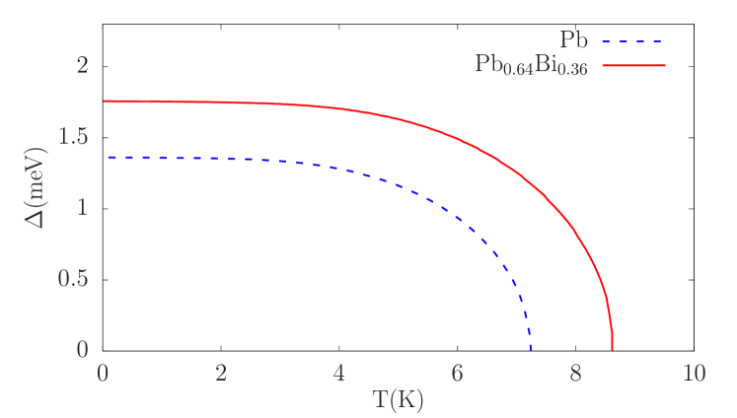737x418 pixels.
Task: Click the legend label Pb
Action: pos(573,41)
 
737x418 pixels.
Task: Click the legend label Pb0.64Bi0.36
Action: pos(532,67)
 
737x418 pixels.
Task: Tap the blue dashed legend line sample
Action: pos(631,42)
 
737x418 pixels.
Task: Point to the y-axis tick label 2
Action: pos(83,66)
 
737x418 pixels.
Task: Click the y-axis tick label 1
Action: pos(83,208)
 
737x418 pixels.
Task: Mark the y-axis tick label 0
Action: pos(83,350)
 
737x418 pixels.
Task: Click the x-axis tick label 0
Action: pos(104,374)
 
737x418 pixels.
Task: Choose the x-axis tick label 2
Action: pos(221,374)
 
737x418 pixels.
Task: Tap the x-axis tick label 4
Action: pos(339,374)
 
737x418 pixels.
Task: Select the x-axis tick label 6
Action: pos(458,374)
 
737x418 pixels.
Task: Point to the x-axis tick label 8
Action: pos(576,374)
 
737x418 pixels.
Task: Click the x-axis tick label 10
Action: pos(694,374)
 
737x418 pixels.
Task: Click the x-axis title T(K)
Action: pos(398,400)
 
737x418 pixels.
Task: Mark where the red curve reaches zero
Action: pos(613,349)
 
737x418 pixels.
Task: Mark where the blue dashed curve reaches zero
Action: pos(531,349)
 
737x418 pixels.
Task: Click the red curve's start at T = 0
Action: pos(105,102)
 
